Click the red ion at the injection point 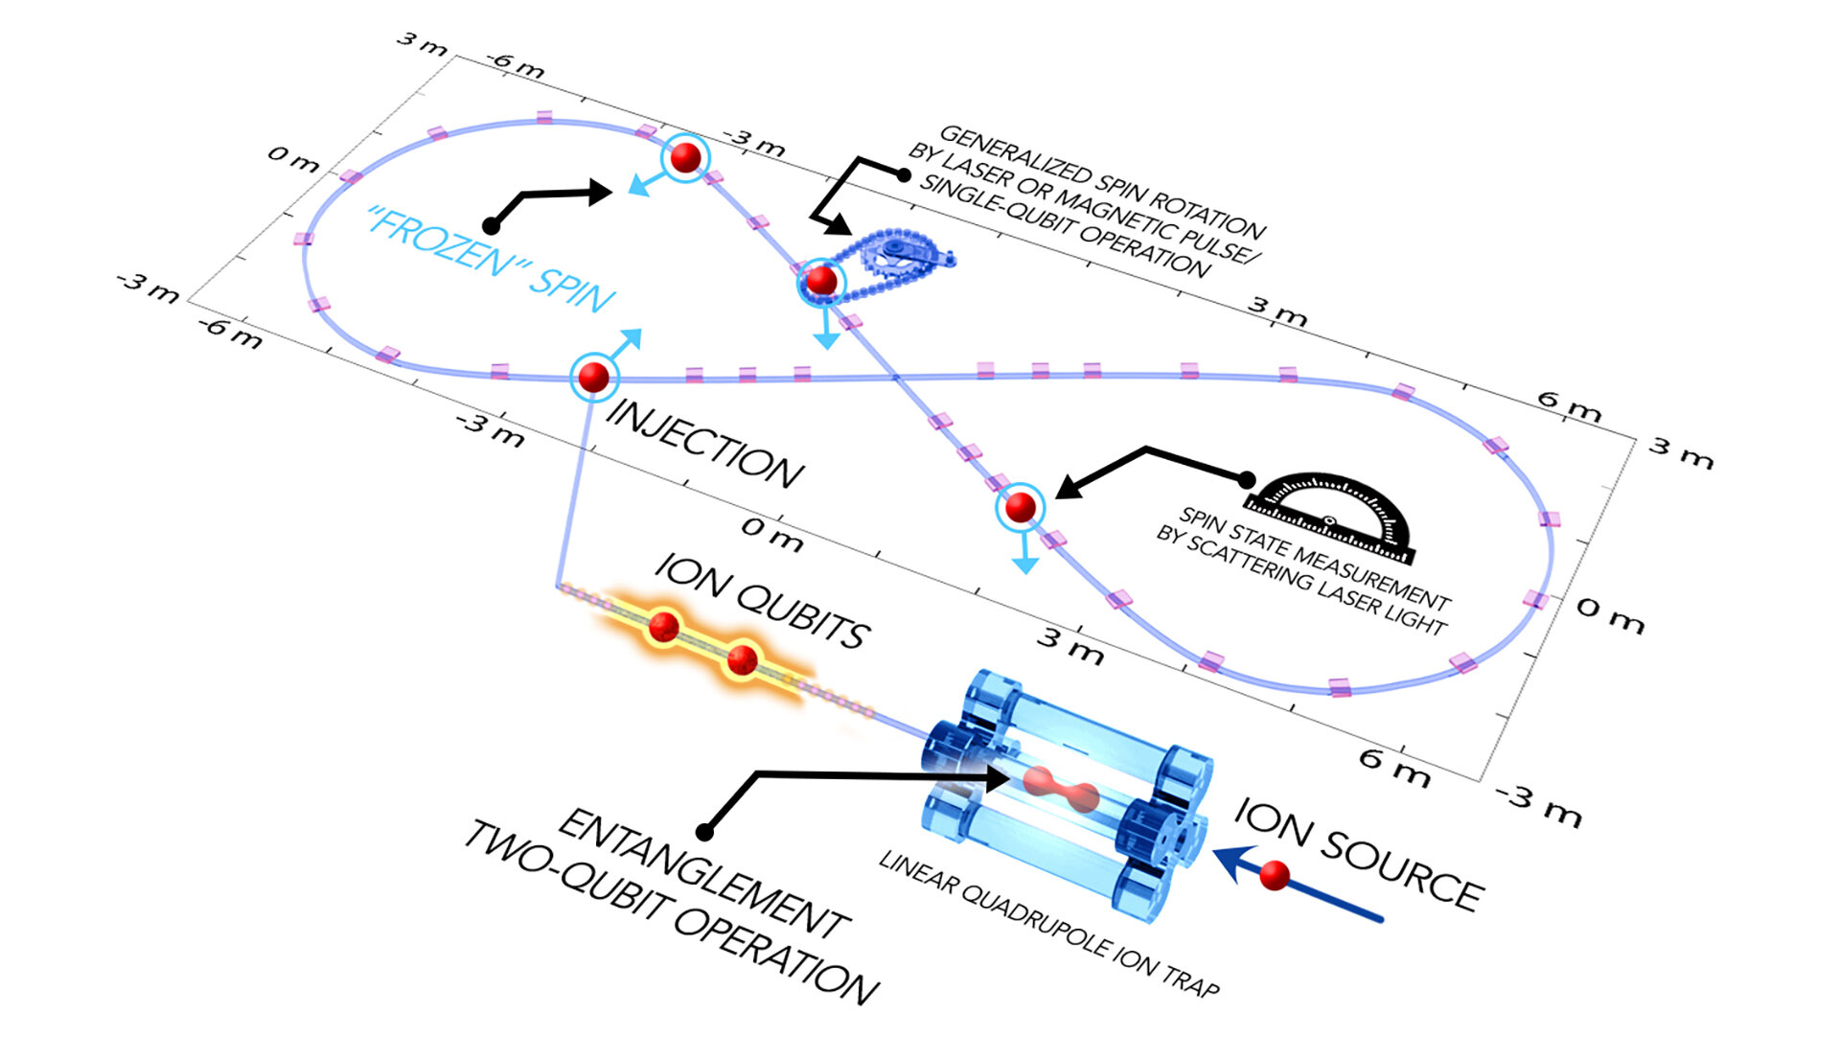[x=594, y=377]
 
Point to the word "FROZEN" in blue [x=442, y=243]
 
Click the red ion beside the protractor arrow [x=1021, y=506]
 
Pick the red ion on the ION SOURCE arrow [x=1275, y=875]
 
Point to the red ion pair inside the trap [x=1060, y=788]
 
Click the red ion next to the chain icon [x=821, y=281]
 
